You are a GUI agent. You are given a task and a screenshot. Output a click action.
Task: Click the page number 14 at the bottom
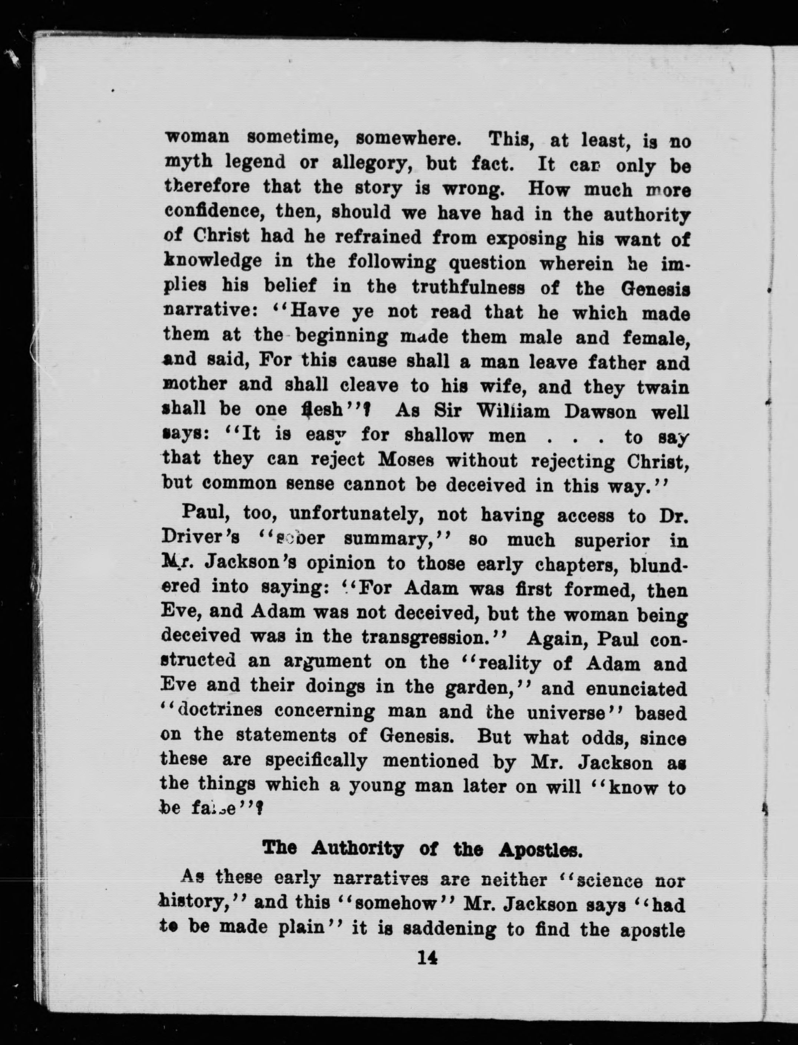point(427,958)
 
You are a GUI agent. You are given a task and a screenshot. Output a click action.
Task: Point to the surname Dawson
point(600,412)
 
